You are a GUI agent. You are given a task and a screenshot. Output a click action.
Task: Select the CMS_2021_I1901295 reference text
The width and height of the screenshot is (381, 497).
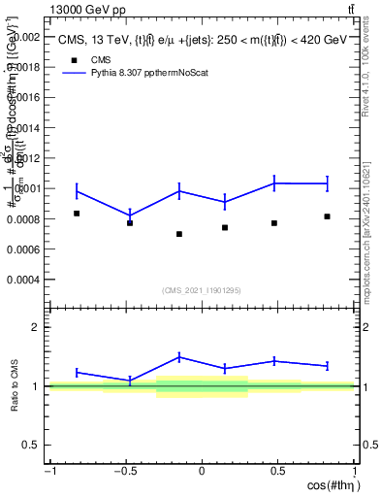click(x=202, y=290)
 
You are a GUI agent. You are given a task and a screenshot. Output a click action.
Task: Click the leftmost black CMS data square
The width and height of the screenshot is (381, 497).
click(x=77, y=214)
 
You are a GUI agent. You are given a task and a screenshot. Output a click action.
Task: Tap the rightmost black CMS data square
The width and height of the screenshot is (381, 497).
click(x=328, y=216)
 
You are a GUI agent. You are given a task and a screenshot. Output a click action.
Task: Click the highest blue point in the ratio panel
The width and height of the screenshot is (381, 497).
click(x=179, y=356)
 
